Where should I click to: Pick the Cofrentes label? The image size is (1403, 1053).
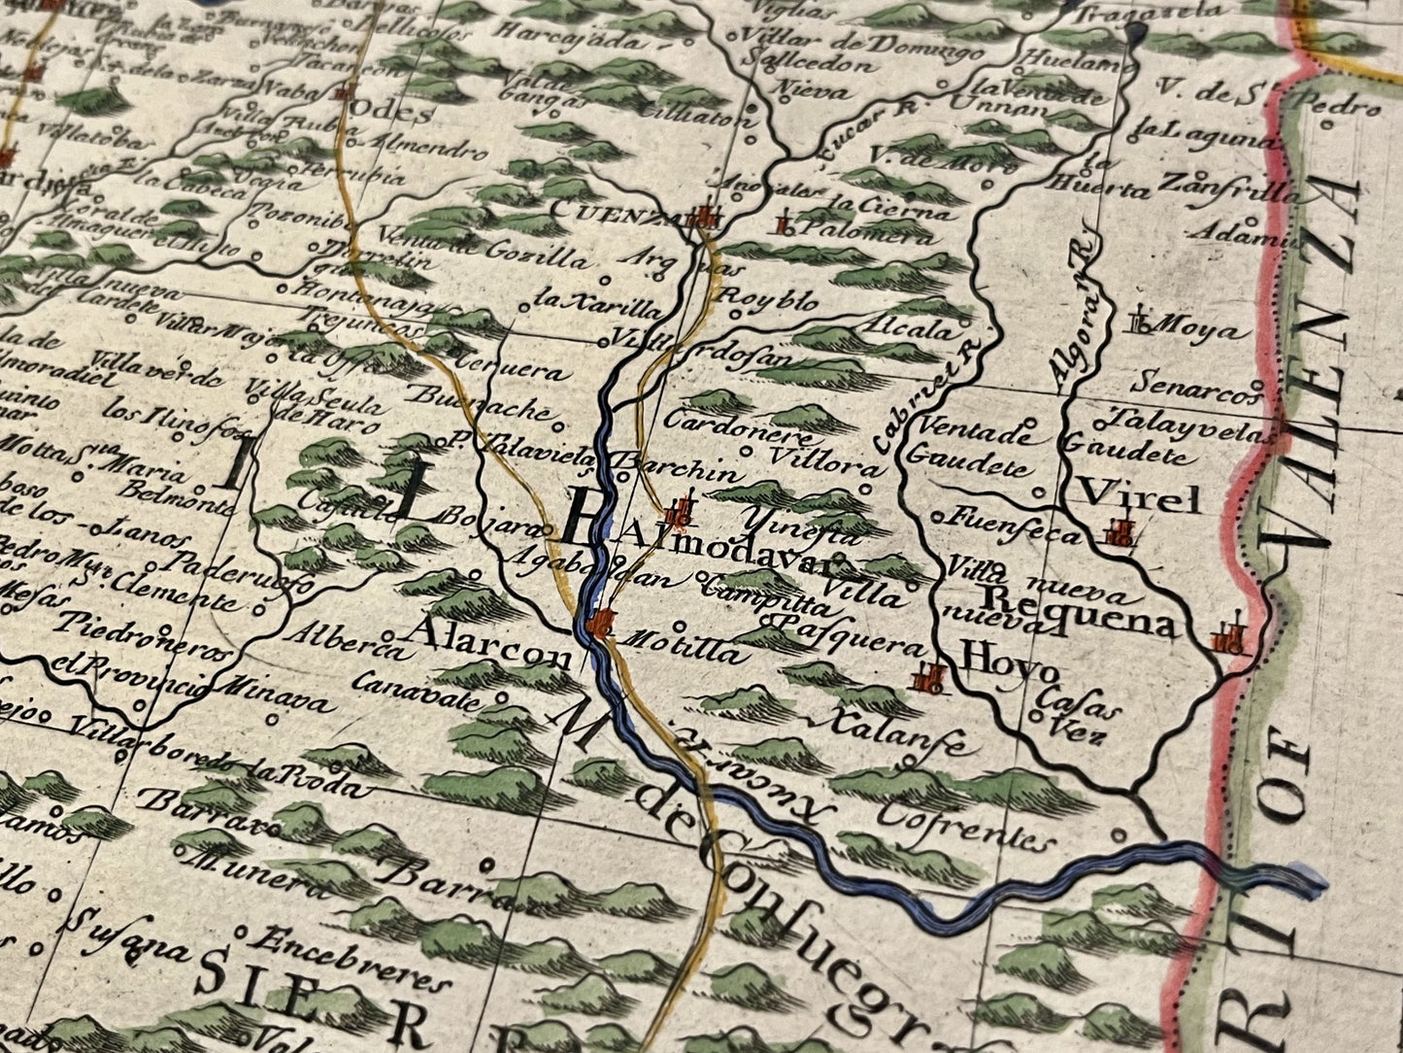(x=966, y=825)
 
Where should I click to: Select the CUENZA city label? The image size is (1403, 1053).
(x=597, y=211)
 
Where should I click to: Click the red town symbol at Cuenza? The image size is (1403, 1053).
(x=706, y=218)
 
